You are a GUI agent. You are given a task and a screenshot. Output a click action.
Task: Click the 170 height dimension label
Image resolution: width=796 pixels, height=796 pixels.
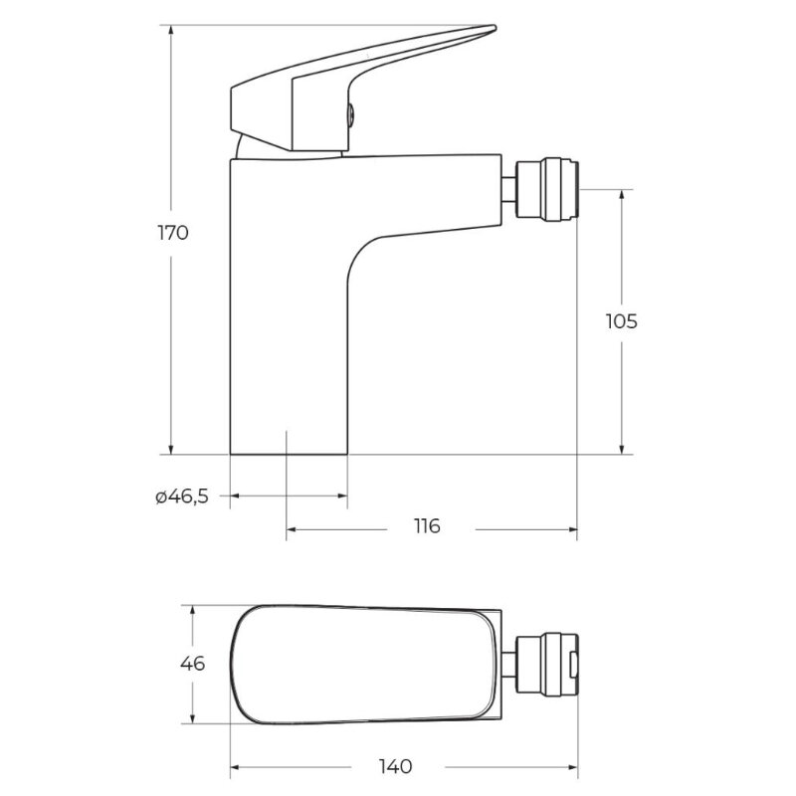pos(173,233)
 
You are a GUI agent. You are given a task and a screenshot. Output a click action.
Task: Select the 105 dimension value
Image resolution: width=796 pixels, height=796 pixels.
pos(621,321)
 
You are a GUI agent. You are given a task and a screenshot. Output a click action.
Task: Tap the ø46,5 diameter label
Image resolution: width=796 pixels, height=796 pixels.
pos(182,497)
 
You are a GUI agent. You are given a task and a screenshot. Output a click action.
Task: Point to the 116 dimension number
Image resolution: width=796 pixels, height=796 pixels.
pos(427,526)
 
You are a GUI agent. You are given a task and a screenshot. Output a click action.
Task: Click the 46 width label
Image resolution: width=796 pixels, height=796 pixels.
pos(192,664)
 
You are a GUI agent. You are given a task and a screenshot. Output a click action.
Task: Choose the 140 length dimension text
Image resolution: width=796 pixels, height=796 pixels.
pos(396,766)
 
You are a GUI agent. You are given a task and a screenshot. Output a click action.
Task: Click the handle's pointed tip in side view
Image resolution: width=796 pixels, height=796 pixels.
pos(494,27)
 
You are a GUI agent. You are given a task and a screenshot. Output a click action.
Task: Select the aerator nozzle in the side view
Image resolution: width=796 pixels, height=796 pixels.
pos(546,189)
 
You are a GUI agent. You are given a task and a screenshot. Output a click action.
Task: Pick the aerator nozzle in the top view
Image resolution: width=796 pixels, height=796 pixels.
pos(546,664)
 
